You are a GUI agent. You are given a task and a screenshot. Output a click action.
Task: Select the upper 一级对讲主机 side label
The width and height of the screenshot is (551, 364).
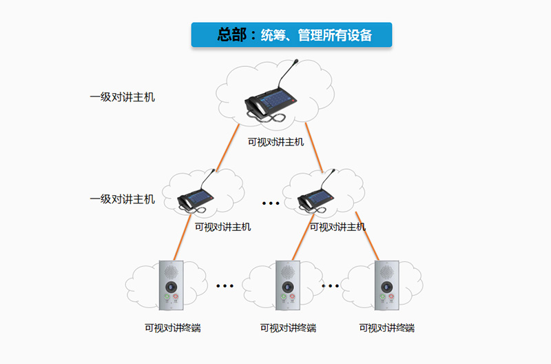[122, 97]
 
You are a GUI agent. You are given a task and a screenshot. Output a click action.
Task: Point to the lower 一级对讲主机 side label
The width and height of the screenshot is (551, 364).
[122, 199]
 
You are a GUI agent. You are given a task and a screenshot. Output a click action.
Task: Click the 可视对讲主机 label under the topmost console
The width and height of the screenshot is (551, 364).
[275, 143]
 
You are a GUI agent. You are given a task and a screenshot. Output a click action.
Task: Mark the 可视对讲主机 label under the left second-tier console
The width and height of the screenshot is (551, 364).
[222, 227]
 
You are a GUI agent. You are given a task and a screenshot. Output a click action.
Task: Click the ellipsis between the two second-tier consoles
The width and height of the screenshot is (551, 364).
[271, 203]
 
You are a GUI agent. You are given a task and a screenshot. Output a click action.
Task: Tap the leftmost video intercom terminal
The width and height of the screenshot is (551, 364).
[169, 283]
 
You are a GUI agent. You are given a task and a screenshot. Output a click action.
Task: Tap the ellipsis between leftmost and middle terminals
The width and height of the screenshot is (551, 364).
[225, 285]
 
